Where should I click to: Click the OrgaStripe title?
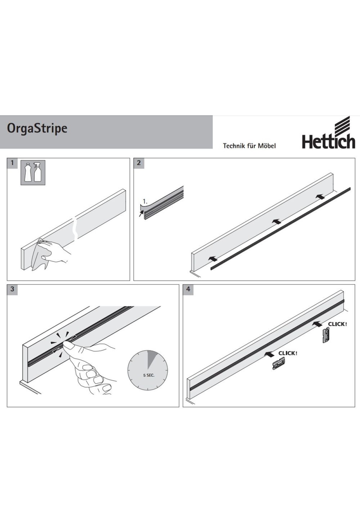37,128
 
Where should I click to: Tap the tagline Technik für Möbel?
249,146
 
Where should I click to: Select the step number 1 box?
12,163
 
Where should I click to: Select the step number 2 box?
139,163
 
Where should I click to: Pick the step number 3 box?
12,289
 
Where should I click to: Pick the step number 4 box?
188,289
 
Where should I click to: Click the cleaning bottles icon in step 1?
33,172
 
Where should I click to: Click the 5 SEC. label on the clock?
148,375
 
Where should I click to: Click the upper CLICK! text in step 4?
337,324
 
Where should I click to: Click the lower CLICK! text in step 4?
288,353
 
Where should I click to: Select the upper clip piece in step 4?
326,335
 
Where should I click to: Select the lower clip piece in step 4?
278,363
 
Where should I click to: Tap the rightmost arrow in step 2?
320,196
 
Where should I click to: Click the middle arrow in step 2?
277,221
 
